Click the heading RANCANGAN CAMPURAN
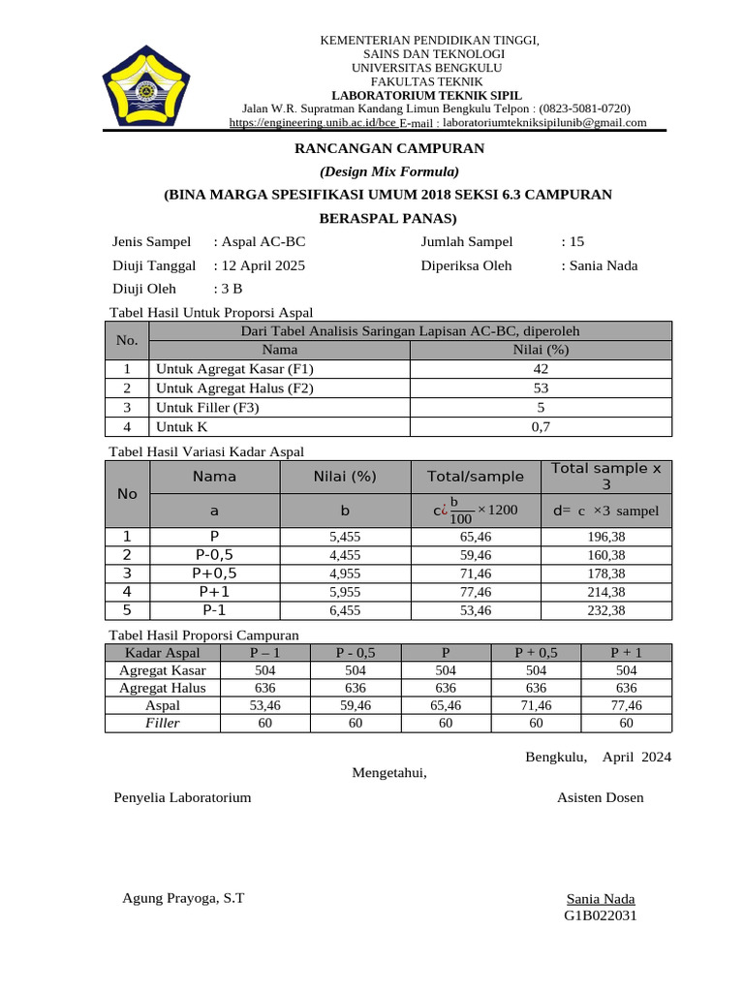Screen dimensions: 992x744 (388, 148)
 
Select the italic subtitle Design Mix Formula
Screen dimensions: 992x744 (388, 171)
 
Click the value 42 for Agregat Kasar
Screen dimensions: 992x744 (541, 369)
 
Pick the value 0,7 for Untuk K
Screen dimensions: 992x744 (541, 426)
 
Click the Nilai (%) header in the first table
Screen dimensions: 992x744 (541, 350)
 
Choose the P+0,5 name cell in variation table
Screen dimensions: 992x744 (214, 573)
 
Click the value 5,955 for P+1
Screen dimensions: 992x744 (345, 591)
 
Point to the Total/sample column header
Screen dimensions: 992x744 (476, 476)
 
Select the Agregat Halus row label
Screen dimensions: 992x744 (163, 687)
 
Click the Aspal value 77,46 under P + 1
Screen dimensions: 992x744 (626, 705)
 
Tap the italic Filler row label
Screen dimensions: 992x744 (163, 723)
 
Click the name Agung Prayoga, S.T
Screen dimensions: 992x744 (183, 897)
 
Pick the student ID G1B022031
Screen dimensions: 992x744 (601, 915)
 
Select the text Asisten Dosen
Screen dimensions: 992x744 (600, 797)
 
